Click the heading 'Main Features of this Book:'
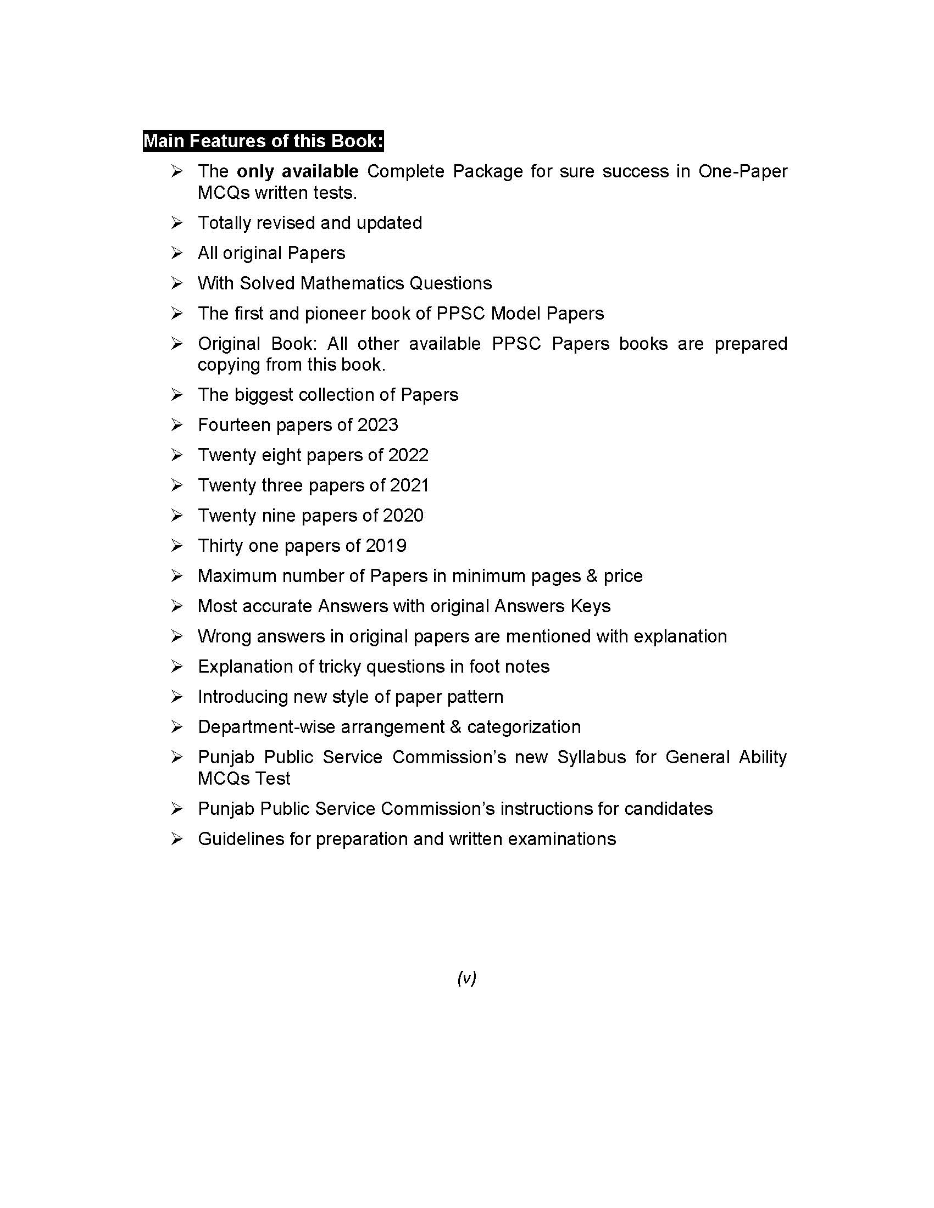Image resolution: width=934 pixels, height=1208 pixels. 263,141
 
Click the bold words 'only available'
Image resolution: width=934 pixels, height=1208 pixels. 297,171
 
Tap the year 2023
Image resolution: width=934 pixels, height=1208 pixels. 378,425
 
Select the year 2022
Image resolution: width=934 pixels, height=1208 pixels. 408,455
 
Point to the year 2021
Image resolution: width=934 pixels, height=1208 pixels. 409,485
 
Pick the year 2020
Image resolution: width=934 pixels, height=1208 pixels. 403,516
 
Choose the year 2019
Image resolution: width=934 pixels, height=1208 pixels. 386,546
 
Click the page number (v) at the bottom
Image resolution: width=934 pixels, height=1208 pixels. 466,978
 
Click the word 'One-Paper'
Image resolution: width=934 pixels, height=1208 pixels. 743,171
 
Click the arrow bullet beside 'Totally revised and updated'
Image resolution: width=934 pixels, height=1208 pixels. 176,223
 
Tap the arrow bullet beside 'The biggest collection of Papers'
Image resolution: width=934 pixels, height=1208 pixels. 176,394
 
